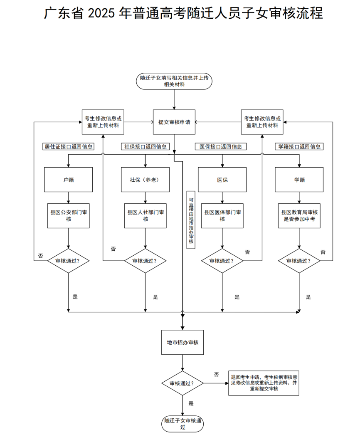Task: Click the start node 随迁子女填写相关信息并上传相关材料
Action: point(174,81)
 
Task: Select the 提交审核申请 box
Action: point(174,122)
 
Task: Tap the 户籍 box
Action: point(68,180)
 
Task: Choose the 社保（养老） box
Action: point(145,180)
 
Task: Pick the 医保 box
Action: point(222,180)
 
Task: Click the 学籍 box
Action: point(299,180)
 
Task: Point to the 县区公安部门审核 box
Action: point(68,215)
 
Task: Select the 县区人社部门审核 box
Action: point(145,215)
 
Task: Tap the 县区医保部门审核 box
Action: point(222,215)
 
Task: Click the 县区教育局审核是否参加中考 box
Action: point(299,215)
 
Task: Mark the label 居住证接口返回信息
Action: point(69,147)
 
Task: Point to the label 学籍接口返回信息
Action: point(299,147)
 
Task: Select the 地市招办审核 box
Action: point(182,342)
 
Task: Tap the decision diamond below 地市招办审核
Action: point(182,383)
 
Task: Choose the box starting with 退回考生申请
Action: point(264,383)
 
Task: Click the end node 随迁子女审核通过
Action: point(182,424)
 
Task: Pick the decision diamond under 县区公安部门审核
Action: point(68,261)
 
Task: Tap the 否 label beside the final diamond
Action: point(216,375)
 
